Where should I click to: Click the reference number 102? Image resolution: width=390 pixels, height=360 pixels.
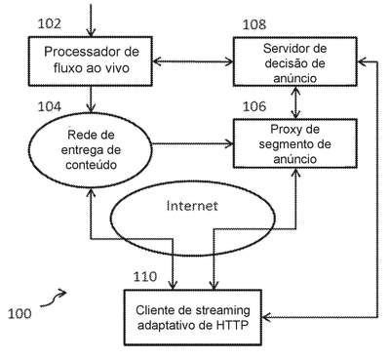(x=50, y=23)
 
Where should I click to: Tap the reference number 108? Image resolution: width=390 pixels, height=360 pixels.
(x=254, y=24)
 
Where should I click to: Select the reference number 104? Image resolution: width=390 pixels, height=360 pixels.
(x=50, y=106)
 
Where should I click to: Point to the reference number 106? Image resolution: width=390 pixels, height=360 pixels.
(x=254, y=106)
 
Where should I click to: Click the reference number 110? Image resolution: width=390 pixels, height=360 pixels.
(x=145, y=276)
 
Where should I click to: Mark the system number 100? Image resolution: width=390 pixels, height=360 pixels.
(x=19, y=313)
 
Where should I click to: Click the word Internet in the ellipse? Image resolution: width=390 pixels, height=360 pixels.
(x=192, y=206)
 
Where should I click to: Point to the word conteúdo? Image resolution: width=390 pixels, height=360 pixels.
(x=91, y=165)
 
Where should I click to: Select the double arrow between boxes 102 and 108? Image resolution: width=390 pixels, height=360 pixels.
(x=193, y=61)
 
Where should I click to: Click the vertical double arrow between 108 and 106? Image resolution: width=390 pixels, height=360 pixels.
(x=295, y=102)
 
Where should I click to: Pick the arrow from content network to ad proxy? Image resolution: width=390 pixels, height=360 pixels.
(x=193, y=143)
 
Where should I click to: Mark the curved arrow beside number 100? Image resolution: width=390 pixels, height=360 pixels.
(x=53, y=300)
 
